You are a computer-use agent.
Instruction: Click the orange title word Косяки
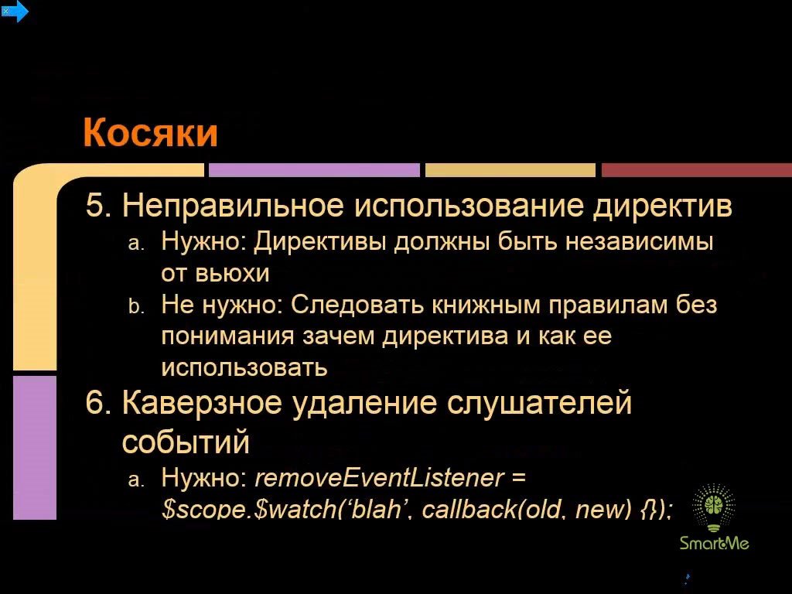coord(150,132)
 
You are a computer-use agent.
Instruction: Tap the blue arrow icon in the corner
coord(15,12)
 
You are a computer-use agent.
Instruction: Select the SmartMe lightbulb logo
coord(714,516)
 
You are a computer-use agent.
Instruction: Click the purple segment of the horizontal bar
coord(314,169)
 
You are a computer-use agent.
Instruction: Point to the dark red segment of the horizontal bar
coord(697,169)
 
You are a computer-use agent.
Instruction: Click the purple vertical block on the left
coord(34,448)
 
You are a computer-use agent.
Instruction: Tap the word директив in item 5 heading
coord(662,206)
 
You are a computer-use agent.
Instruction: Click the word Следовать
coord(357,305)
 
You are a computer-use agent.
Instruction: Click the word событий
coord(186,442)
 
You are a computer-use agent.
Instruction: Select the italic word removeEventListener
coord(379,477)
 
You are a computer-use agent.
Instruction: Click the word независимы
coord(639,241)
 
